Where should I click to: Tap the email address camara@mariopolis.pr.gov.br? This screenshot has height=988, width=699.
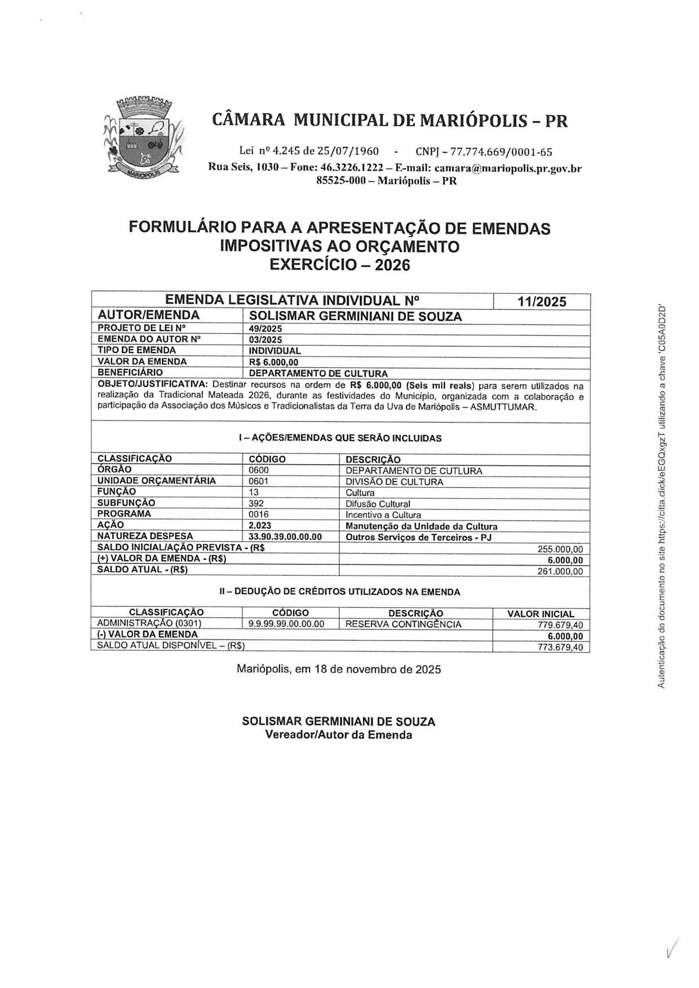[508, 168]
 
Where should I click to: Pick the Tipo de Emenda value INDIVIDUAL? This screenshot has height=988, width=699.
[275, 351]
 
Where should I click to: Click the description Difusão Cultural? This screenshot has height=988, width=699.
[378, 504]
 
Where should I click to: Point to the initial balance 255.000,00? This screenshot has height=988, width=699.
[560, 549]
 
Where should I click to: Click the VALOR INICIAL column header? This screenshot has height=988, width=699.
[541, 614]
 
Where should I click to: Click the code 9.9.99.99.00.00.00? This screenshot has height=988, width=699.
[286, 624]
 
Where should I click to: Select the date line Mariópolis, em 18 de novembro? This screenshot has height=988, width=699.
[339, 669]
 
